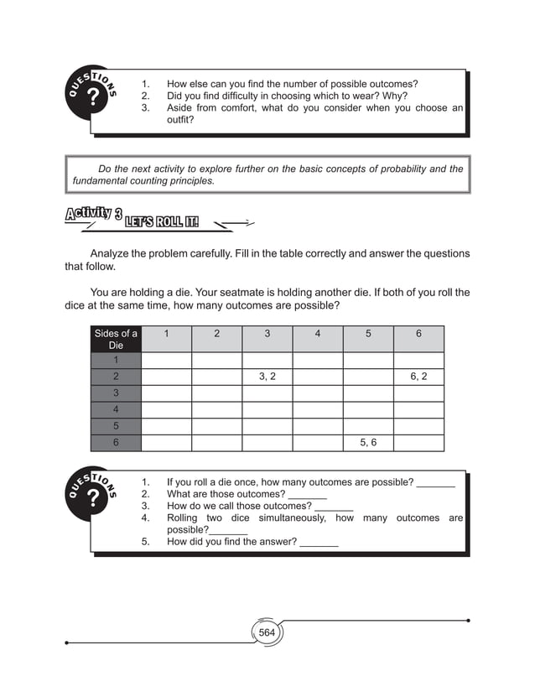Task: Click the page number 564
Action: pyautogui.click(x=267, y=632)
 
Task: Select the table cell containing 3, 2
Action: pyautogui.click(x=267, y=377)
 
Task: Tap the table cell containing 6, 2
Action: pyautogui.click(x=418, y=377)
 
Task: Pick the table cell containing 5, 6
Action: pyautogui.click(x=368, y=443)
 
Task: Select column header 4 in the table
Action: pyautogui.click(x=317, y=334)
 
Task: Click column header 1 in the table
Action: pyautogui.click(x=166, y=334)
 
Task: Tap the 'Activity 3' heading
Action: pyautogui.click(x=92, y=215)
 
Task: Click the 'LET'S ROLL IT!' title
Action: pyautogui.click(x=163, y=222)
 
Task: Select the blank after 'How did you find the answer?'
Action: pyautogui.click(x=319, y=543)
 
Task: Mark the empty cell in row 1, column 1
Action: pyautogui.click(x=166, y=360)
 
